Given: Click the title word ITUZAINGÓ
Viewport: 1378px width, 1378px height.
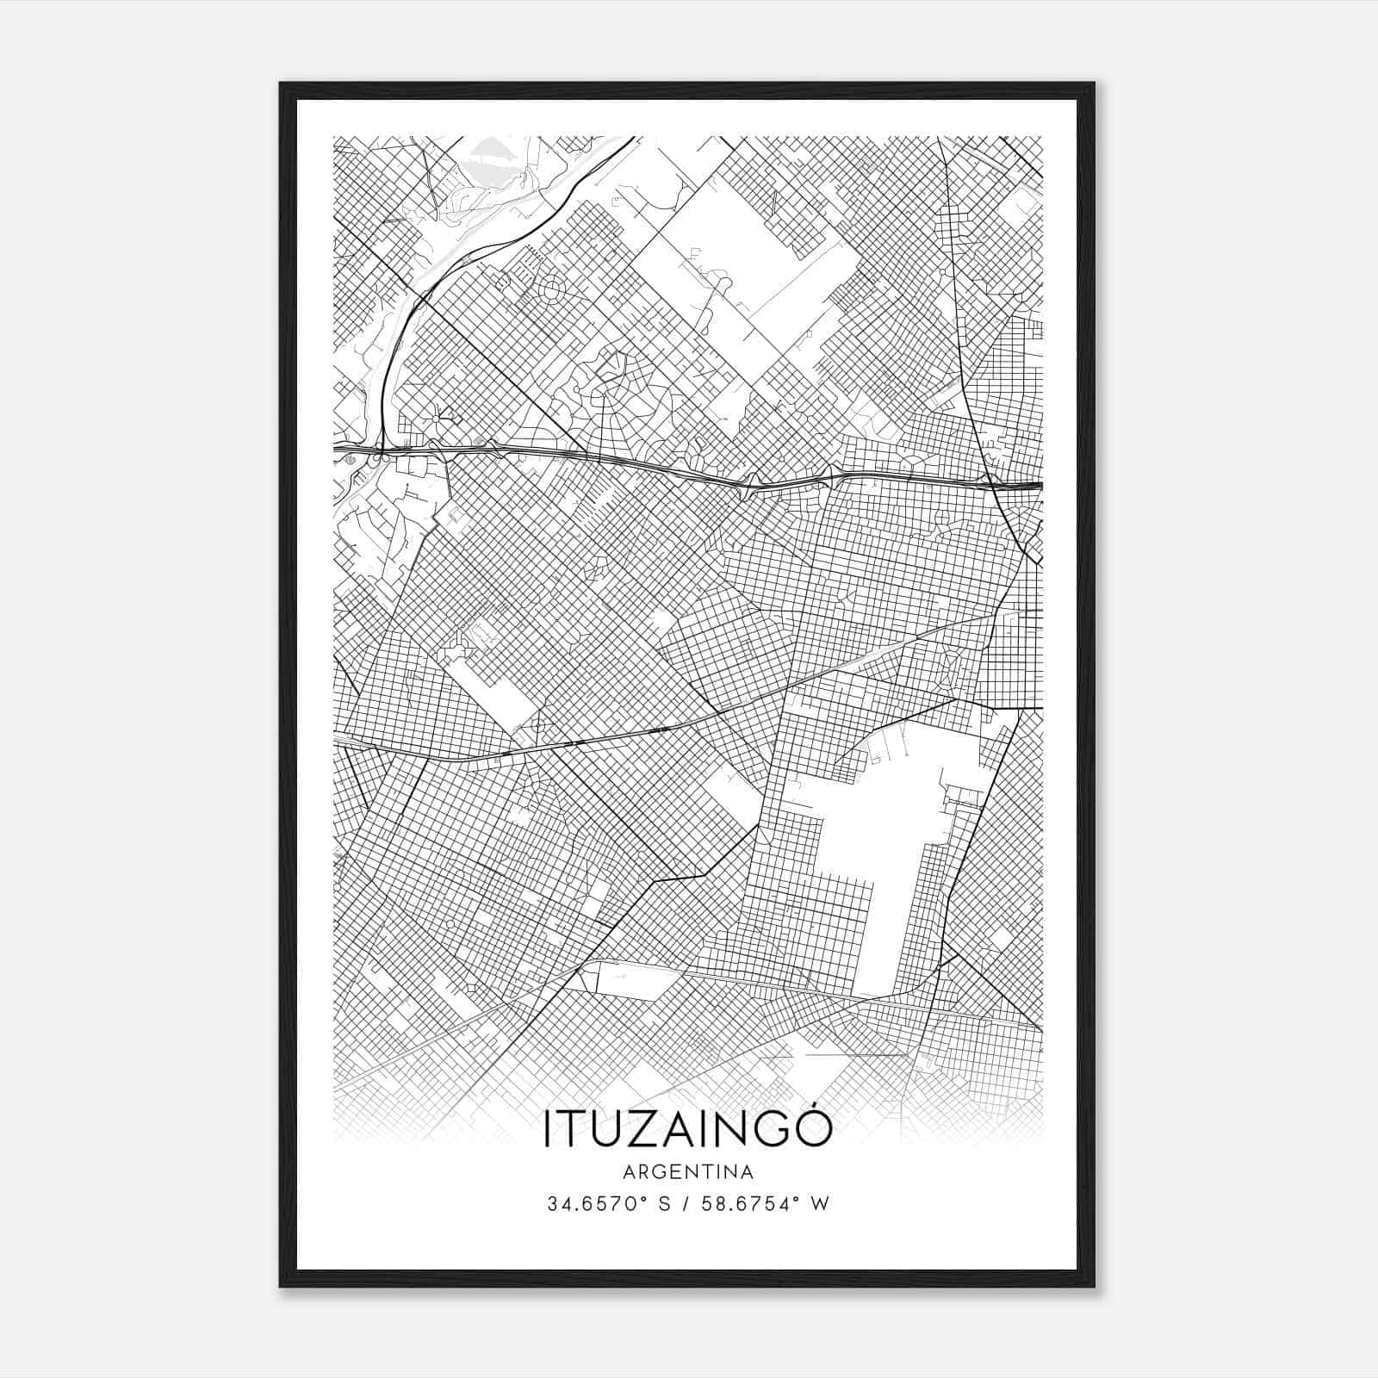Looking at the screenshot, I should point(687,1131).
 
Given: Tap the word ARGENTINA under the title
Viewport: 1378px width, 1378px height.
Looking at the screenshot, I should point(687,1172).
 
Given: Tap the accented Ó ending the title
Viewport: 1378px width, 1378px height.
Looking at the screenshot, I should point(815,1129).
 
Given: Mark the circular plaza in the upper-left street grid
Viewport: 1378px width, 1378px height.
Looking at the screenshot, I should point(549,293).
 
